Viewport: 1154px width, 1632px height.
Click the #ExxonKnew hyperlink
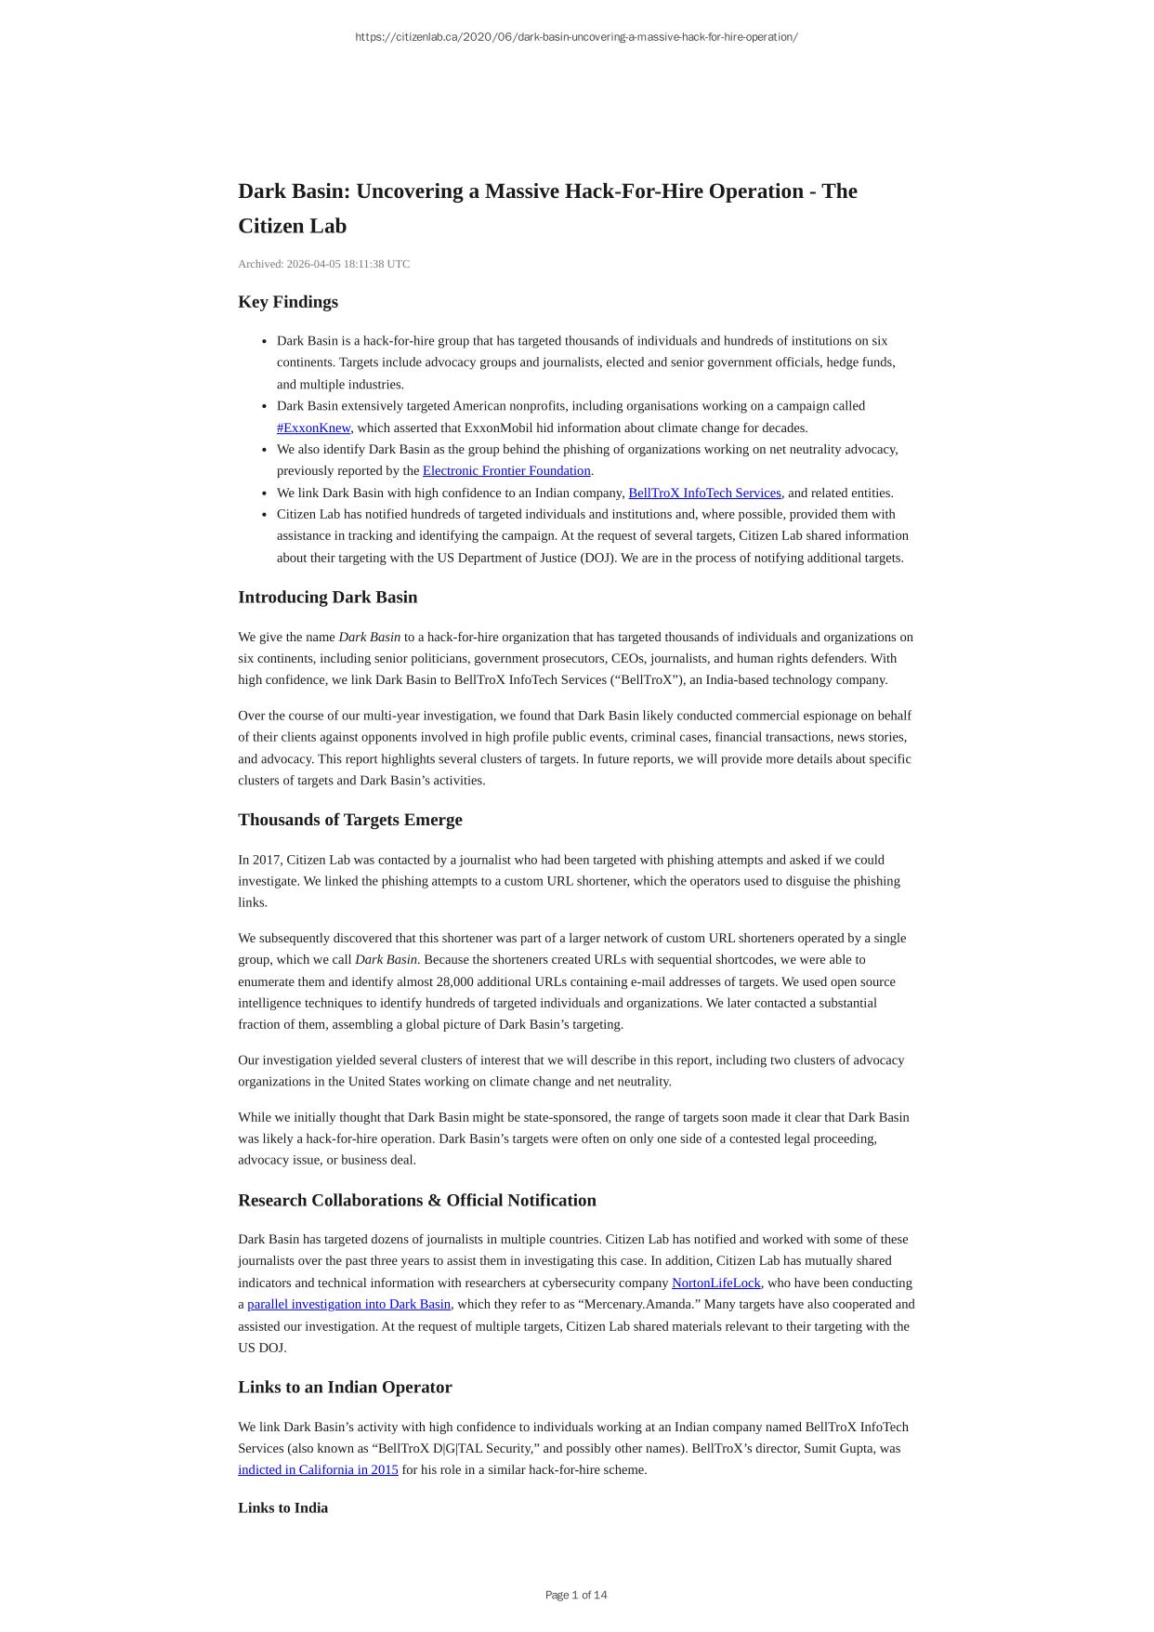pyautogui.click(x=313, y=428)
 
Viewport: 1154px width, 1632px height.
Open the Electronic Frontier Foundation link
pyautogui.click(x=506, y=470)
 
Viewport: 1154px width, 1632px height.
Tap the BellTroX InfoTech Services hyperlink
pyautogui.click(x=704, y=493)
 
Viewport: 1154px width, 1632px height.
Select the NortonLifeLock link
pyautogui.click(x=715, y=1283)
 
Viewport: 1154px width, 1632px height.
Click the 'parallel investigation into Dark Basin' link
pyautogui.click(x=348, y=1304)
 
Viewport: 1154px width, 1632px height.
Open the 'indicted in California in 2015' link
pyautogui.click(x=318, y=1469)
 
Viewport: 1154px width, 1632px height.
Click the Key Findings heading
pyautogui.click(x=288, y=302)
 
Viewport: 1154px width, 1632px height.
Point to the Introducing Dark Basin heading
pyautogui.click(x=327, y=597)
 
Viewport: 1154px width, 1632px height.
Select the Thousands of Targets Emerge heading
pyautogui.click(x=349, y=820)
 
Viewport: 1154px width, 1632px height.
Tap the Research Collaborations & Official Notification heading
pyautogui.click(x=416, y=1200)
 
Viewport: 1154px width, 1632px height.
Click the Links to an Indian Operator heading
pyautogui.click(x=345, y=1387)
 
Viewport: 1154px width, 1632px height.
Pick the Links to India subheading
pyautogui.click(x=282, y=1507)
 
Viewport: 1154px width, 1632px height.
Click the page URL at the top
pyautogui.click(x=576, y=37)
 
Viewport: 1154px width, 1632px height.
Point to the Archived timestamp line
pyautogui.click(x=323, y=264)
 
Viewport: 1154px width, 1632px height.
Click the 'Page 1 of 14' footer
pyautogui.click(x=576, y=1595)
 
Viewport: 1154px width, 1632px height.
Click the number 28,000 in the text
pyautogui.click(x=454, y=981)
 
